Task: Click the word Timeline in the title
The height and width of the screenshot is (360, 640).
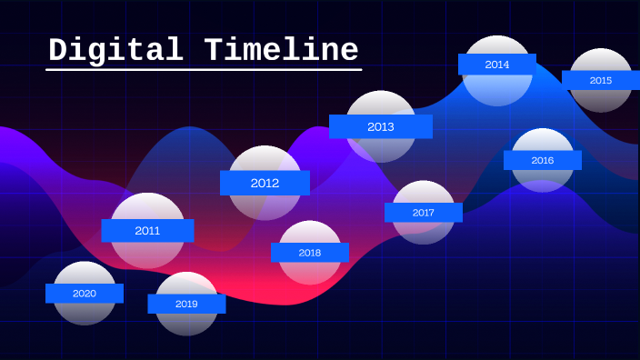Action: click(282, 50)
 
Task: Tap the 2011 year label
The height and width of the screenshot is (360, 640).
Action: click(147, 231)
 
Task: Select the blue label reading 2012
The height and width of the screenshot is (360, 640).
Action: click(265, 183)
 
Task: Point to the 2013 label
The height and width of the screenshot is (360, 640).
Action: click(381, 126)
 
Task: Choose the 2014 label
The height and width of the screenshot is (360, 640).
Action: click(497, 65)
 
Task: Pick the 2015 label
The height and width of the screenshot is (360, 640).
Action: click(601, 80)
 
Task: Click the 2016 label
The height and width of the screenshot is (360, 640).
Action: click(543, 160)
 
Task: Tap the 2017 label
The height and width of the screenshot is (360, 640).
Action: click(424, 213)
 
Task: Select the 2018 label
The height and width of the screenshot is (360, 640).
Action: click(310, 252)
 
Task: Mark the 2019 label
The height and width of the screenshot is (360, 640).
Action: click(186, 304)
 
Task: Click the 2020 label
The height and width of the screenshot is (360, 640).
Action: click(85, 294)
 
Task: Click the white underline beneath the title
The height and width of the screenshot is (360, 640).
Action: click(205, 69)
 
